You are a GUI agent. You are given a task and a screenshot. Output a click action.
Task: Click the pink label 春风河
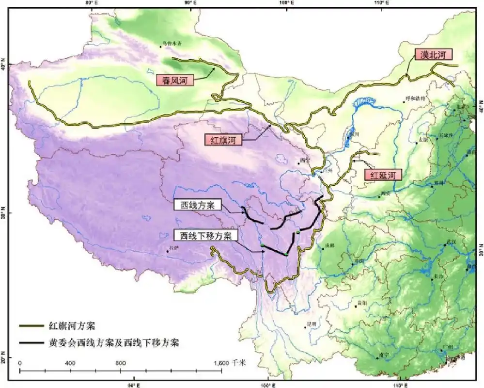click(175, 80)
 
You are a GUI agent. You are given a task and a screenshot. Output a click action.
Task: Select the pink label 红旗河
click(222, 141)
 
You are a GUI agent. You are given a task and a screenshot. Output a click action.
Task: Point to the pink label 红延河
click(383, 175)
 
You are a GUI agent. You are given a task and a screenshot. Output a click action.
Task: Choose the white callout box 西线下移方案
click(206, 236)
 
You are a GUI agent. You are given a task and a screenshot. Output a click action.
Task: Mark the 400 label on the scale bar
click(70, 363)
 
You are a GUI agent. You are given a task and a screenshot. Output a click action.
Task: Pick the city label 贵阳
click(361, 302)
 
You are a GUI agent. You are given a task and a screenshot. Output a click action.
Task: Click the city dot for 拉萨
click(168, 251)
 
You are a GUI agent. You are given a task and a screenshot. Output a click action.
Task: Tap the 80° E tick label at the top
click(91, 3)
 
